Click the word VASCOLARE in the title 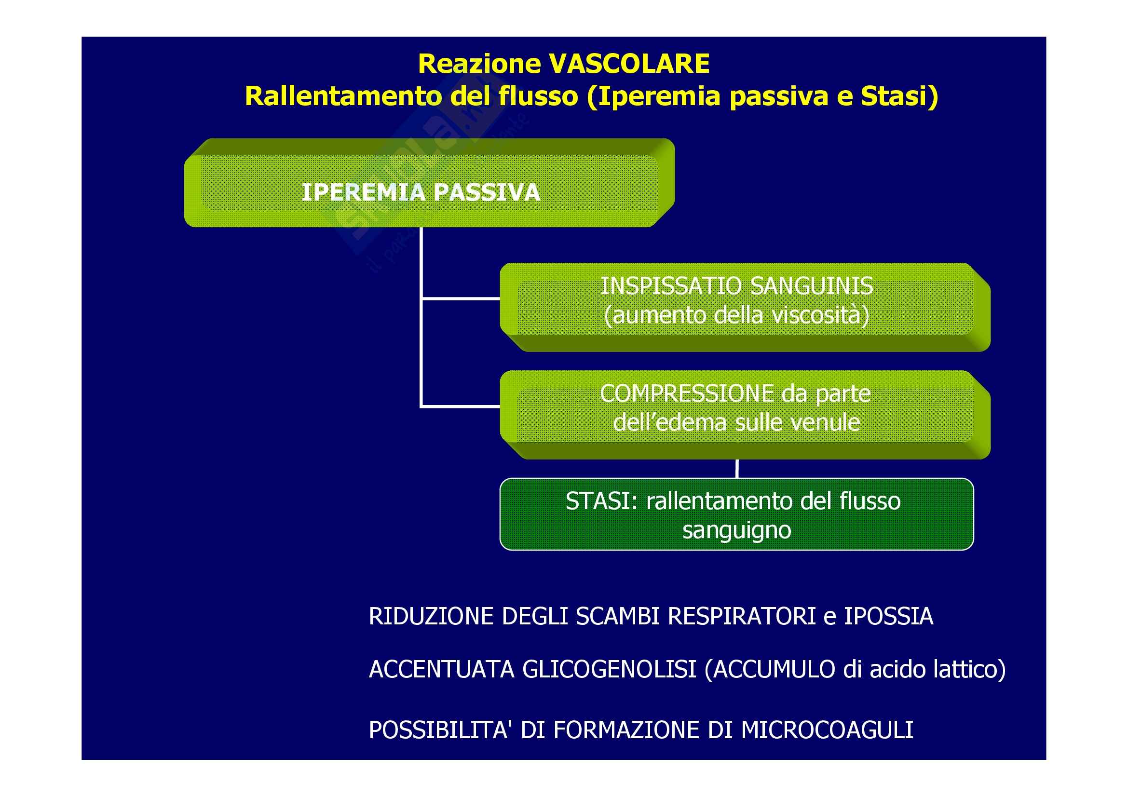[x=629, y=64]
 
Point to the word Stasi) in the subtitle [x=899, y=97]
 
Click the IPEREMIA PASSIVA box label [x=421, y=192]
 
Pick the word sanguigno [x=737, y=530]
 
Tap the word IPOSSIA [x=888, y=617]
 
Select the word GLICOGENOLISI [x=609, y=670]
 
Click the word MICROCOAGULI [x=827, y=730]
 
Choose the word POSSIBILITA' [x=438, y=730]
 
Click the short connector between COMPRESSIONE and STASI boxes [x=737, y=469]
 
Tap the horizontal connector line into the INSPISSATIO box [x=461, y=298]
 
